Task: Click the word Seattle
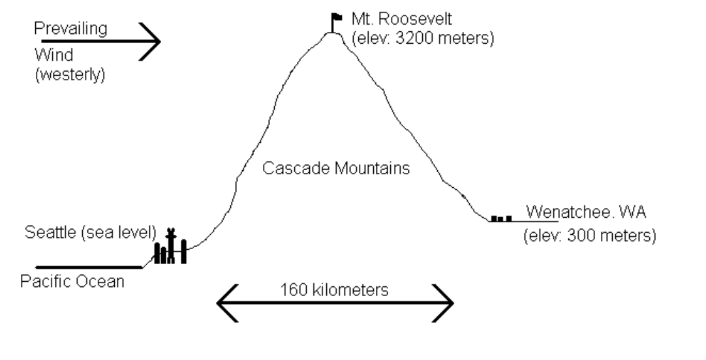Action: (x=48, y=232)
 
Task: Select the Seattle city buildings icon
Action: (x=170, y=248)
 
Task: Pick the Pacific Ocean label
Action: (x=72, y=282)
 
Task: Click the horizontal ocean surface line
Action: (x=88, y=267)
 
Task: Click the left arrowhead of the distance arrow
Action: (x=225, y=303)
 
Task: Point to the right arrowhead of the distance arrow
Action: (x=444, y=303)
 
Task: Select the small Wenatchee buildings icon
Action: (x=501, y=218)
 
